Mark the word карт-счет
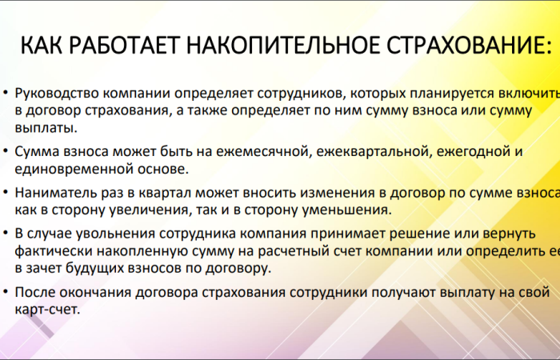pos(47,310)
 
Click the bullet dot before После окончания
pos(6,293)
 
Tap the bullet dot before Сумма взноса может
pos(6,150)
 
